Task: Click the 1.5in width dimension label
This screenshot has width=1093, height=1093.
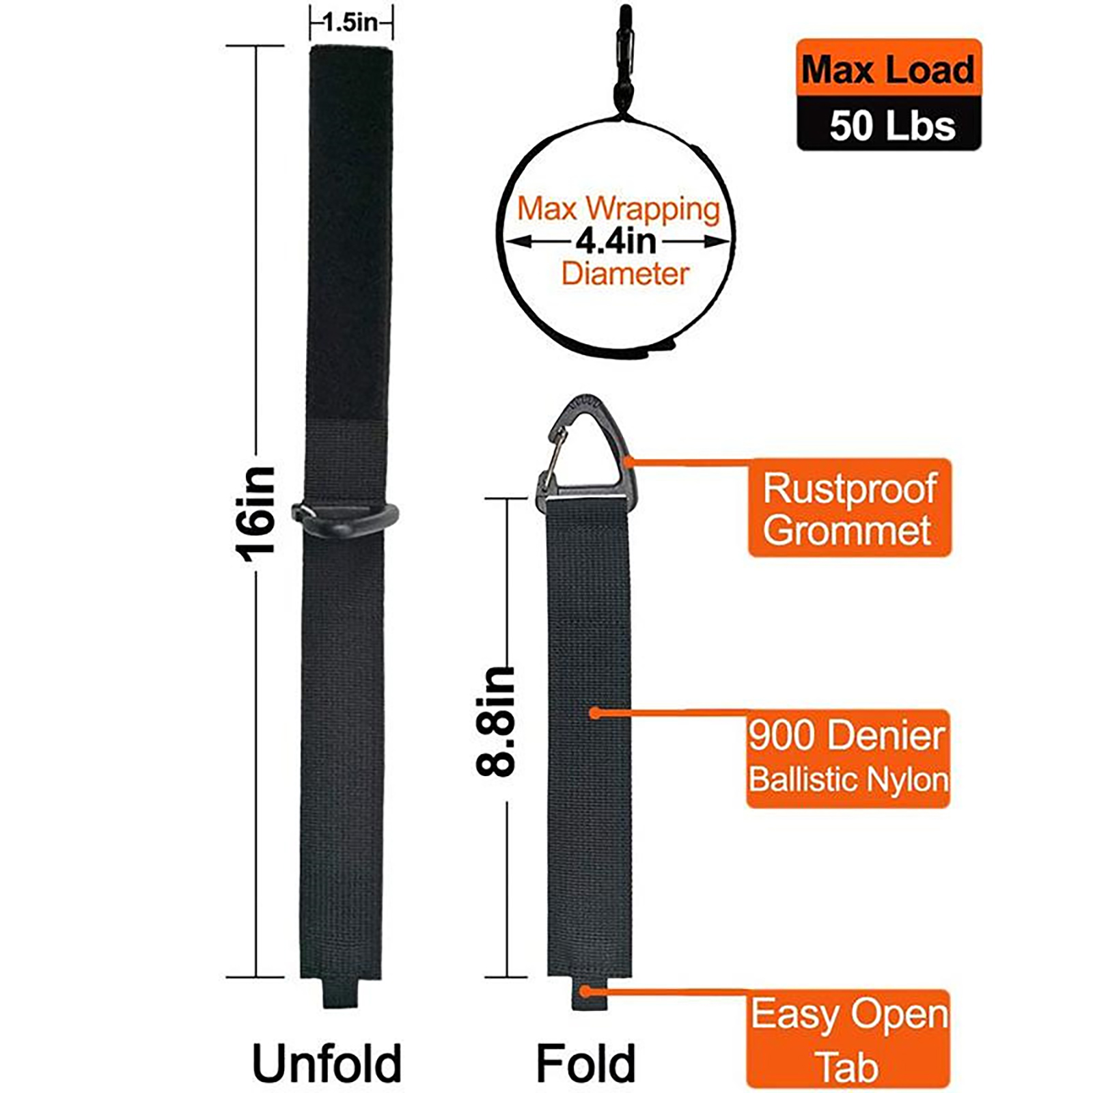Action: (x=350, y=23)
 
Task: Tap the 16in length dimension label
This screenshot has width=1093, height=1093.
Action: (x=255, y=514)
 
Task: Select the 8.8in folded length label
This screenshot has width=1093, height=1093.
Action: (x=495, y=721)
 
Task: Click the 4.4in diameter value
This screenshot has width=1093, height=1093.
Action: (x=615, y=241)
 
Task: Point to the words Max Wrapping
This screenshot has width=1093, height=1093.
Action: (x=618, y=208)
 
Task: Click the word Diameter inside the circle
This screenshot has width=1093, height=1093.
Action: (x=625, y=274)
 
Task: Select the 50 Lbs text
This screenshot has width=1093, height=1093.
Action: (x=892, y=126)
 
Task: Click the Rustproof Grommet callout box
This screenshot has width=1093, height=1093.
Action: (x=849, y=508)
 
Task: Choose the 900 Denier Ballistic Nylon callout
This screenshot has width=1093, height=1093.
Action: (x=848, y=758)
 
